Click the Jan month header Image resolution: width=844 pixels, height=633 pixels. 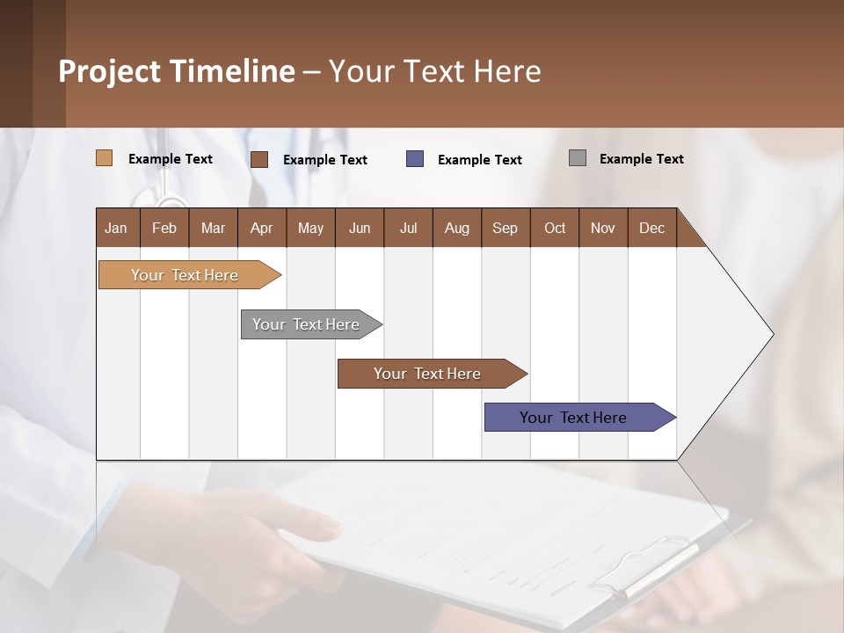tap(117, 228)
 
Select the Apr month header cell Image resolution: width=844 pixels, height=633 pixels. tap(262, 228)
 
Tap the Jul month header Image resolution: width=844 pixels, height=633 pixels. tap(408, 228)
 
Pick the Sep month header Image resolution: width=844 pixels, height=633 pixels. tap(505, 228)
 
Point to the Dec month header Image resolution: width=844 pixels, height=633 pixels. tap(651, 228)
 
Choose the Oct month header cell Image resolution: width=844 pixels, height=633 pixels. tap(555, 228)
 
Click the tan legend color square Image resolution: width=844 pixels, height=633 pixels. tap(105, 158)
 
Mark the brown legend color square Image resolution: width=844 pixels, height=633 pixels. tap(259, 159)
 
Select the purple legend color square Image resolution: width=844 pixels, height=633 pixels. tap(415, 159)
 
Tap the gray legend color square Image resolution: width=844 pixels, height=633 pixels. tap(578, 158)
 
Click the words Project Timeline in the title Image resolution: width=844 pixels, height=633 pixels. tap(177, 71)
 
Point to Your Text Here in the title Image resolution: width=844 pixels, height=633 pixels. tap(434, 71)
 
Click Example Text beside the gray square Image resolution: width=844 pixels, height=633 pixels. tap(641, 159)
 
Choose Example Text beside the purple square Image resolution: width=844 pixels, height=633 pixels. tap(479, 160)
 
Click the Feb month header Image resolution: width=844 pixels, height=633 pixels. tap(164, 228)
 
